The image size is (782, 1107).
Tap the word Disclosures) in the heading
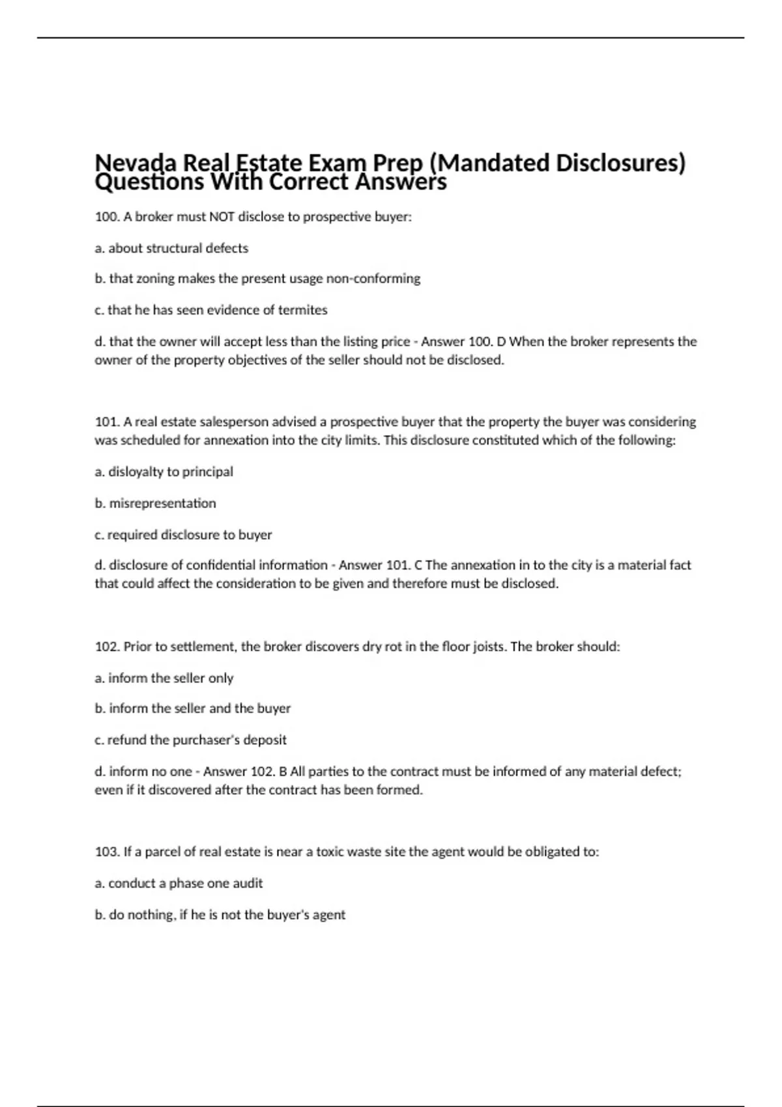(x=620, y=163)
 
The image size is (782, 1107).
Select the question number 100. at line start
(x=107, y=217)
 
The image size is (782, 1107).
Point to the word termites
(x=302, y=310)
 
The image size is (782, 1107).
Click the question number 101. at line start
(x=107, y=422)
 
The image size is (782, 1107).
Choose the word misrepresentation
(x=162, y=503)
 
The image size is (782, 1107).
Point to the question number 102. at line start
(x=108, y=647)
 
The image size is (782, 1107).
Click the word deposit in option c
(x=265, y=740)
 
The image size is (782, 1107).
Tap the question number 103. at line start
(x=108, y=852)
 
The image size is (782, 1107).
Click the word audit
(x=247, y=884)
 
